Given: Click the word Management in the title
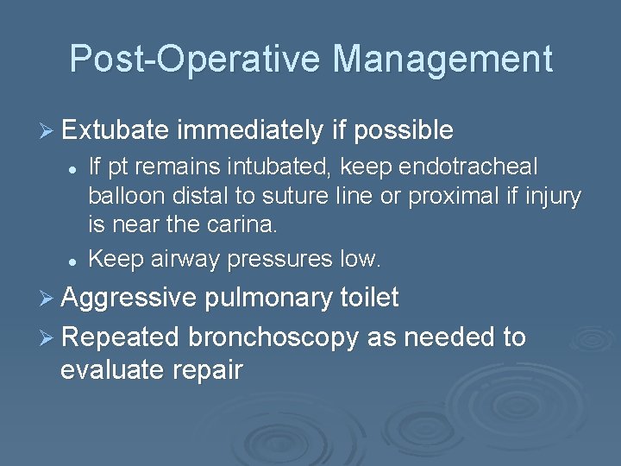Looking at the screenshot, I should coord(442,59).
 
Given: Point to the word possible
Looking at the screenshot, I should coord(404,131).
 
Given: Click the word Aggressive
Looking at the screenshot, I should coord(129,299).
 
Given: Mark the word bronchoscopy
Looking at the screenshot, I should coord(273,337).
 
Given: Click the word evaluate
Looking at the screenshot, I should coord(110,370).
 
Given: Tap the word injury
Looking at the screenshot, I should coord(550,197).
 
